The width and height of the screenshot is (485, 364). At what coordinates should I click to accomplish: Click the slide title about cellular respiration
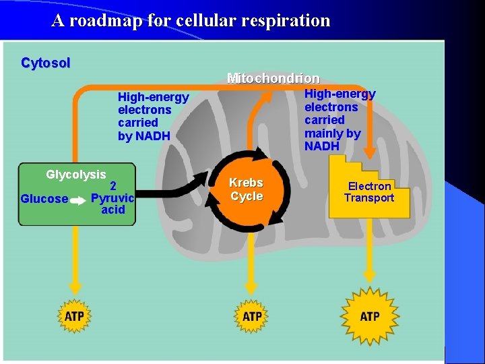click(191, 20)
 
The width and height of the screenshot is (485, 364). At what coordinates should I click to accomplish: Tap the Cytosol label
click(46, 63)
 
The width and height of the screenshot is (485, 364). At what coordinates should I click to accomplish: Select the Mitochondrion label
click(273, 78)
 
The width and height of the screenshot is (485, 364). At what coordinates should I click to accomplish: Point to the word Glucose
click(44, 198)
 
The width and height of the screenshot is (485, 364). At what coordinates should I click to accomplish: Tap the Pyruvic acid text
click(112, 204)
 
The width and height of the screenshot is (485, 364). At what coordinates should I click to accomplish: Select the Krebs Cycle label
click(246, 189)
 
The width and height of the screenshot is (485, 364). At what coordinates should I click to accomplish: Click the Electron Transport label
click(369, 191)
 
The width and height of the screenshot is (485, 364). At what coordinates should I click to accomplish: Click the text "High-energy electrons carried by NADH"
click(153, 117)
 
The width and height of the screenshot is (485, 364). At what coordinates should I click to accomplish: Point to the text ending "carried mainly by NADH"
click(339, 120)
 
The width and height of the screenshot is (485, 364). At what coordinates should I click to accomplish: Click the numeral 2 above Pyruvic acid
click(114, 186)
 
